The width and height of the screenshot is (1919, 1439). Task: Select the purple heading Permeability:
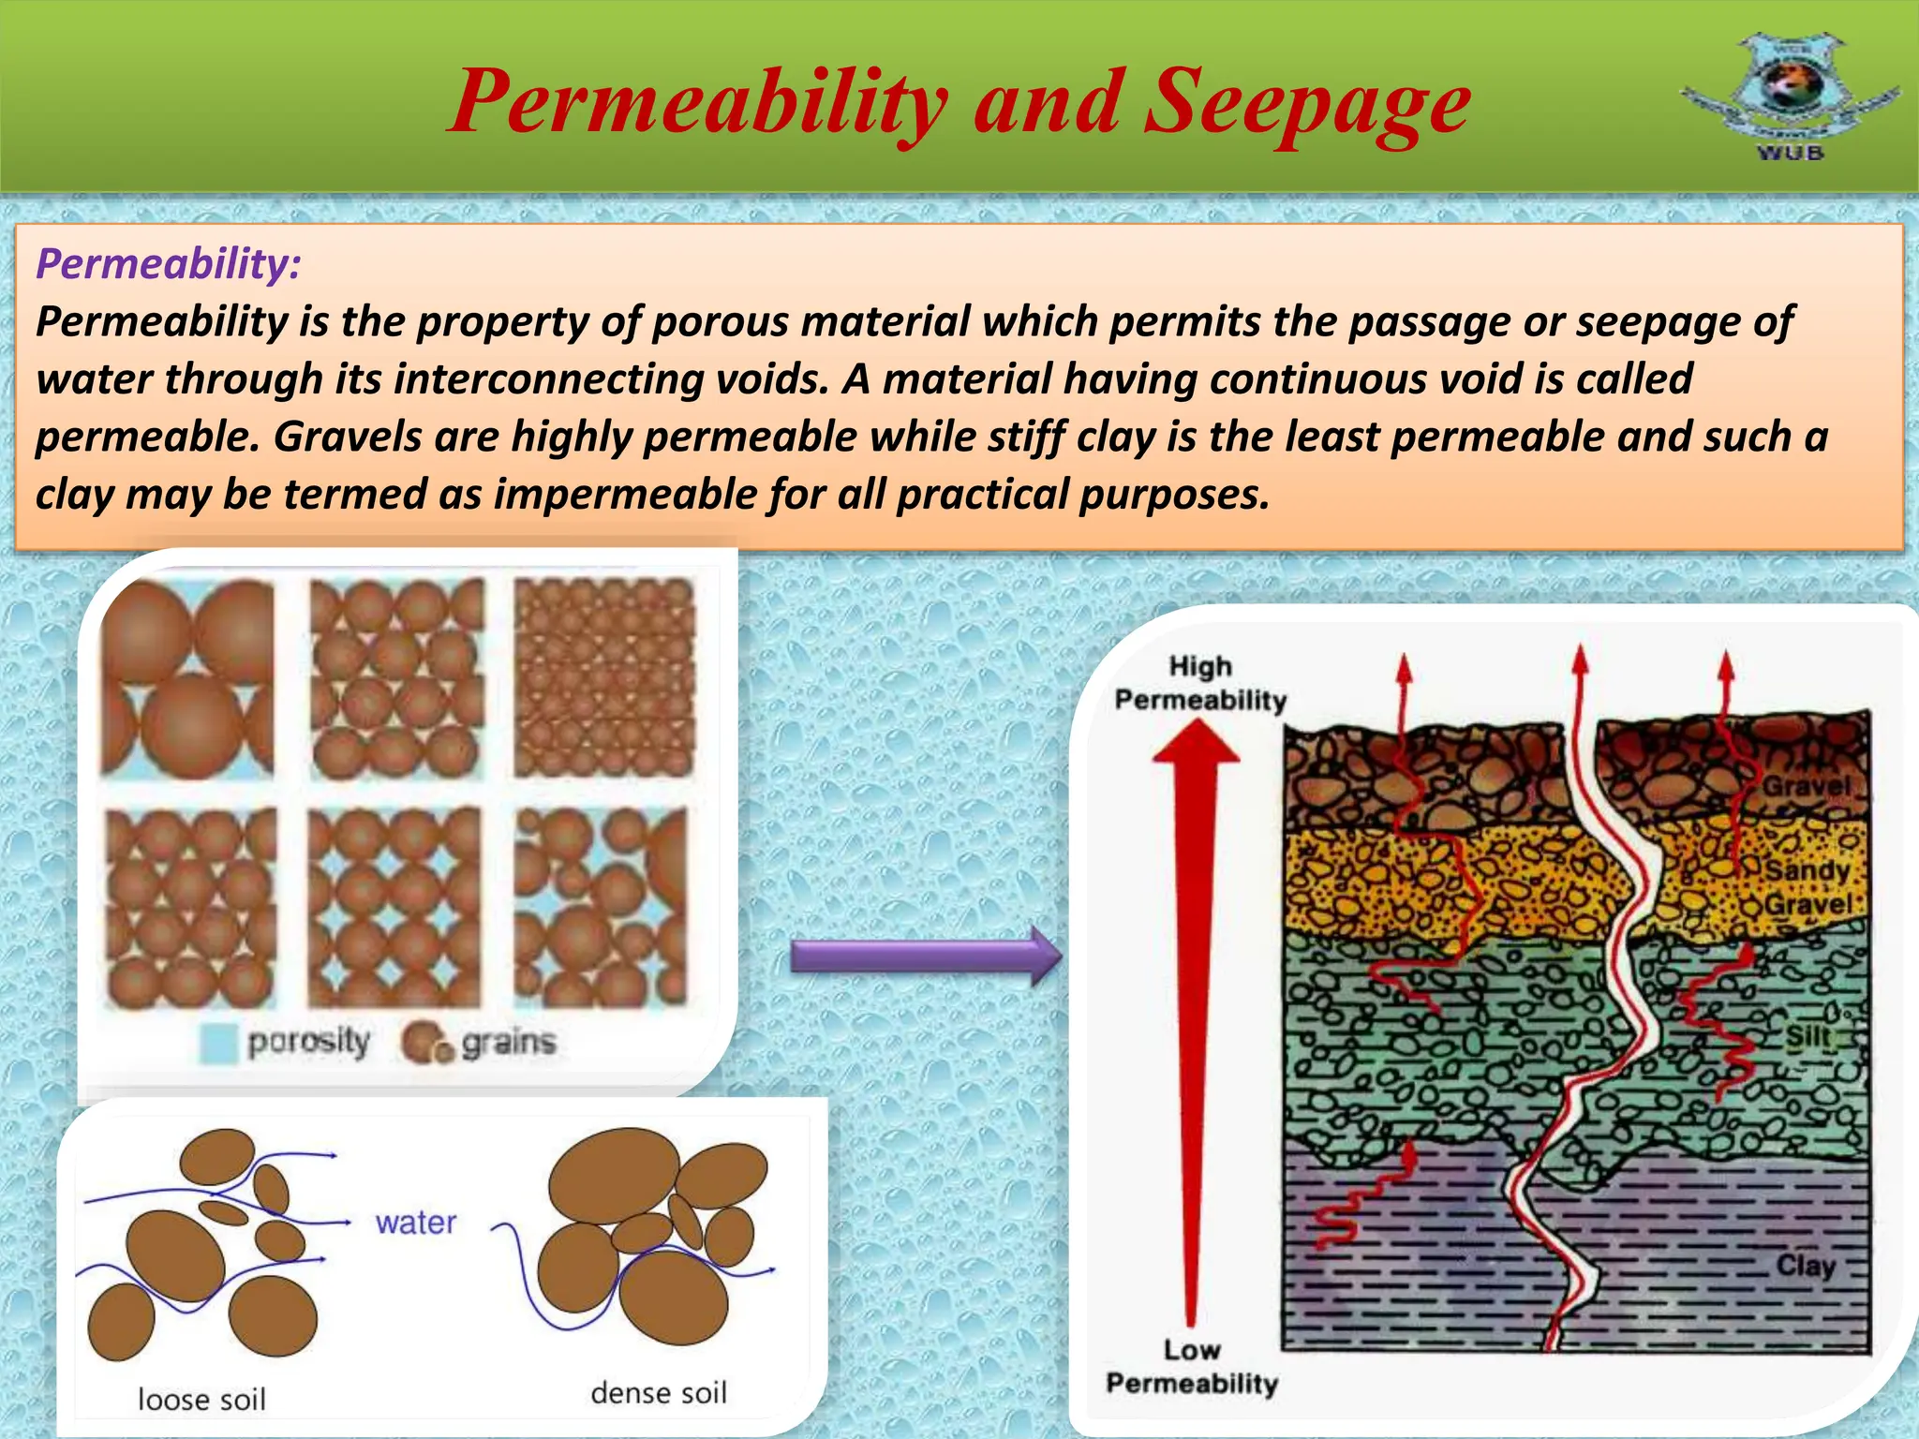[169, 263]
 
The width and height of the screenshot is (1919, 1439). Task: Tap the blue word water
[415, 1222]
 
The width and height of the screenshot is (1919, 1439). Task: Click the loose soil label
[201, 1399]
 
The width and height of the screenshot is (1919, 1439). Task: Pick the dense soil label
[659, 1393]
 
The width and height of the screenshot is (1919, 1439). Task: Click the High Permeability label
[1200, 683]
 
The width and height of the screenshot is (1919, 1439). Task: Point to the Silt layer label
[1807, 1036]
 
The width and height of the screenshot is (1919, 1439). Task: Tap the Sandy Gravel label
[1807, 887]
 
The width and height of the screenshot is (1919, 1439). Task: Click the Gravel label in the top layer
[1807, 785]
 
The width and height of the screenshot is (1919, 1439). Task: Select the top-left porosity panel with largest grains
[187, 679]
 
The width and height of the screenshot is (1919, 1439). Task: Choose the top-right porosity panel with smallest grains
[604, 677]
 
